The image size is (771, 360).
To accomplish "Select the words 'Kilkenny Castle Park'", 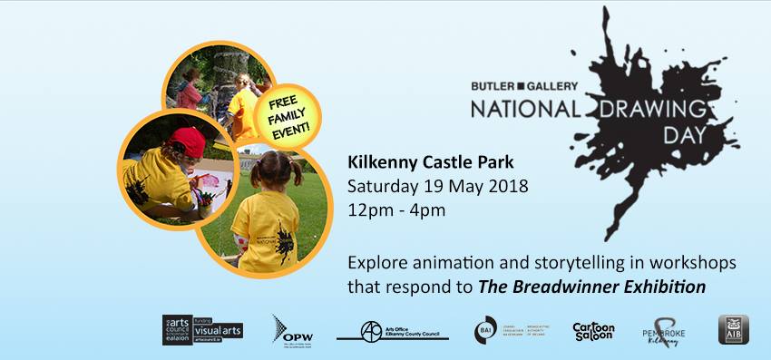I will tap(431, 164).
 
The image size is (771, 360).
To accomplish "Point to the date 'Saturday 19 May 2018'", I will tap(438, 188).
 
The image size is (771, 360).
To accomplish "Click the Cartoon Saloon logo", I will tap(594, 331).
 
